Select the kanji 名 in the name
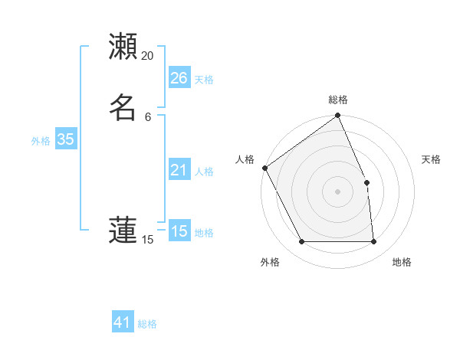[123, 107]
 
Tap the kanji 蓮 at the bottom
[123, 231]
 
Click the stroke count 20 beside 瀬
[147, 56]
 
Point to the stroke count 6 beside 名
[148, 116]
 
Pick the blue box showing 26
[179, 78]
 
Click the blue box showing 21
[179, 170]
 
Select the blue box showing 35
[65, 139]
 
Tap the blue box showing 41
[123, 322]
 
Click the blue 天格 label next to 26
[204, 80]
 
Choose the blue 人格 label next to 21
[204, 172]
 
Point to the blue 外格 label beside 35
[41, 141]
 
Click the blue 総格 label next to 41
[147, 324]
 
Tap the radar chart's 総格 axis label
[338, 100]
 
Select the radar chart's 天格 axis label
[432, 159]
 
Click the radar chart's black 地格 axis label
[402, 262]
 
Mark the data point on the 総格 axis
[338, 116]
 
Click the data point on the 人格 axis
[264, 168]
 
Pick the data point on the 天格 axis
[366, 182]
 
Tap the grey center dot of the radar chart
[338, 191]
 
